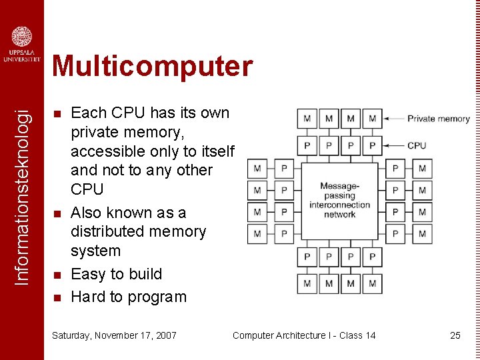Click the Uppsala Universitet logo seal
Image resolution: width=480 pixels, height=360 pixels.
[x=22, y=37]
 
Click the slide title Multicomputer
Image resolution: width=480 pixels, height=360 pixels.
[x=153, y=67]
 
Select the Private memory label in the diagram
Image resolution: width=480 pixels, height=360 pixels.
[x=439, y=119]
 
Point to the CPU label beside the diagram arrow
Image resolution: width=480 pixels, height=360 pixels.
[x=417, y=145]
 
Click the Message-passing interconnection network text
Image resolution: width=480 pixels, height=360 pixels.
[x=339, y=200]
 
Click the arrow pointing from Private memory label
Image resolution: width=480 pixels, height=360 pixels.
[x=393, y=119]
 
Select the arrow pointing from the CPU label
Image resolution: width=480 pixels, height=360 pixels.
[x=393, y=145]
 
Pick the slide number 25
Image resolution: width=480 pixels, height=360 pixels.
[x=455, y=335]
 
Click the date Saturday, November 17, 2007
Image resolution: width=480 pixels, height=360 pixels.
[x=114, y=335]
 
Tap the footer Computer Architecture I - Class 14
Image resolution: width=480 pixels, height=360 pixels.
[x=304, y=335]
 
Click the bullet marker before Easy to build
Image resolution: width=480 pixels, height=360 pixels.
[x=57, y=275]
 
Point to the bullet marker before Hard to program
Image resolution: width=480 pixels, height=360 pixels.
[x=57, y=297]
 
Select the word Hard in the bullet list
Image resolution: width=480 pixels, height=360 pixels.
[x=87, y=297]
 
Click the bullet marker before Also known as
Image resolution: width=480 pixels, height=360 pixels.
[x=57, y=213]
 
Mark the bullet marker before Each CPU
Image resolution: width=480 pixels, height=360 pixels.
[x=57, y=113]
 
